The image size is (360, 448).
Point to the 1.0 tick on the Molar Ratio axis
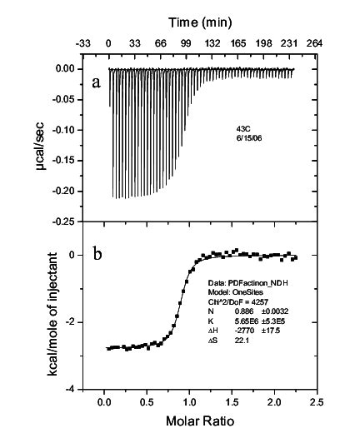pyautogui.click(x=189, y=402)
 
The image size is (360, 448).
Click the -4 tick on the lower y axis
pyautogui.click(x=73, y=390)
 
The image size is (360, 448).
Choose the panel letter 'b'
pyautogui.click(x=97, y=256)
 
